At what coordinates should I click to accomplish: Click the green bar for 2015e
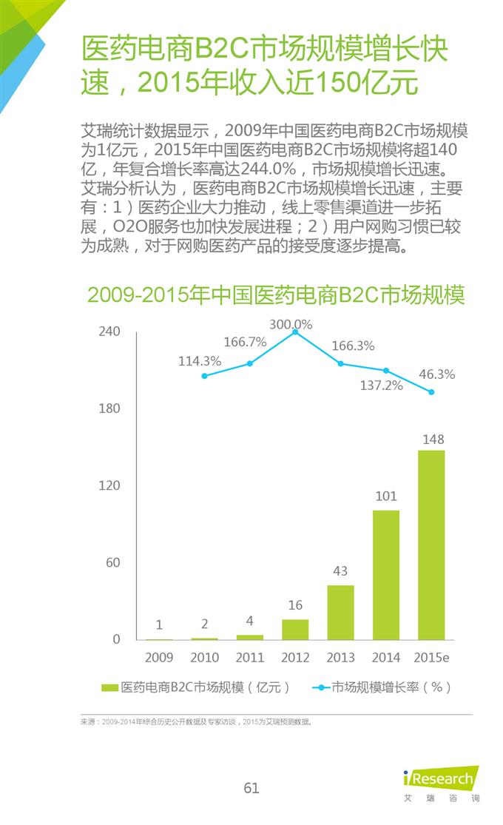431,545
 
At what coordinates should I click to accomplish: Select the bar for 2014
385,575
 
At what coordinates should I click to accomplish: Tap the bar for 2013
340,612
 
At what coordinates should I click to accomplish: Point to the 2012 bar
295,629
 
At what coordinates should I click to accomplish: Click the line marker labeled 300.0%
295,332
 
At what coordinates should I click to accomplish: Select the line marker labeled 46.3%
431,392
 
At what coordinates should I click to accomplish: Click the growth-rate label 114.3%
200,361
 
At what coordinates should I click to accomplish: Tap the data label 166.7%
245,342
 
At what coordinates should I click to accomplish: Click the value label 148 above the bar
433,440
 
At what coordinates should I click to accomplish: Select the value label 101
386,496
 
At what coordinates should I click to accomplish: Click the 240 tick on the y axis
109,331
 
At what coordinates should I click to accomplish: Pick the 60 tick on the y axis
112,562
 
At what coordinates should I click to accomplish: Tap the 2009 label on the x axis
159,657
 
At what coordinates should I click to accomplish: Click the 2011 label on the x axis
250,657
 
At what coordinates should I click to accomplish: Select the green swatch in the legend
109,687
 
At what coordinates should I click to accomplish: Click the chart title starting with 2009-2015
276,294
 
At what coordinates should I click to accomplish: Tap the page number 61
251,788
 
